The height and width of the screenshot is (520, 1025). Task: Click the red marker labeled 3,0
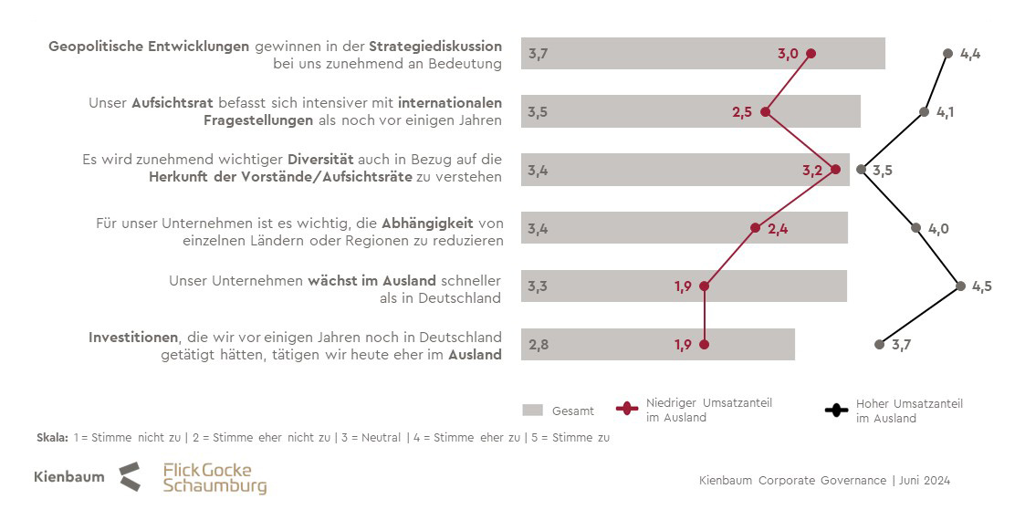[811, 54]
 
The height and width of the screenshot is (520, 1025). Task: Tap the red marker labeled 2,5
[765, 112]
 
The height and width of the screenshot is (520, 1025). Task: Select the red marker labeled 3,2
[835, 170]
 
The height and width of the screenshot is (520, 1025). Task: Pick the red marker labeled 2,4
[755, 228]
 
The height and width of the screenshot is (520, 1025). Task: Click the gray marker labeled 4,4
[947, 54]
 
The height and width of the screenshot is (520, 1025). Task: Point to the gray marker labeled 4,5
[960, 286]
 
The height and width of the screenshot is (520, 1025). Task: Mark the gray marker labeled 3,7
[879, 344]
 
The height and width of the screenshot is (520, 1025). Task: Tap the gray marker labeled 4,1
[924, 112]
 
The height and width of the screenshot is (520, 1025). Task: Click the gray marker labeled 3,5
[861, 170]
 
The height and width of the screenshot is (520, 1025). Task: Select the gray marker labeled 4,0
[916, 228]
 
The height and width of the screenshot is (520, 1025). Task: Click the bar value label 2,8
[538, 345]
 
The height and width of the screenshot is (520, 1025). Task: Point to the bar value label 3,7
[538, 54]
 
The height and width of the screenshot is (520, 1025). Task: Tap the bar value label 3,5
[538, 112]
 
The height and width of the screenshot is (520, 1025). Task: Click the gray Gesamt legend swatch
[534, 411]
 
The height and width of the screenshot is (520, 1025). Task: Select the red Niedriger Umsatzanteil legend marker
[628, 410]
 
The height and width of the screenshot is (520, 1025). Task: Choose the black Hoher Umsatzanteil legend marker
[836, 410]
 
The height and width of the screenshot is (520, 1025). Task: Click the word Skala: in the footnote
[52, 438]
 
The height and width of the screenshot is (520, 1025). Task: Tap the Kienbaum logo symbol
[130, 476]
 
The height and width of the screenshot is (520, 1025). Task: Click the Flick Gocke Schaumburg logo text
[214, 478]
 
